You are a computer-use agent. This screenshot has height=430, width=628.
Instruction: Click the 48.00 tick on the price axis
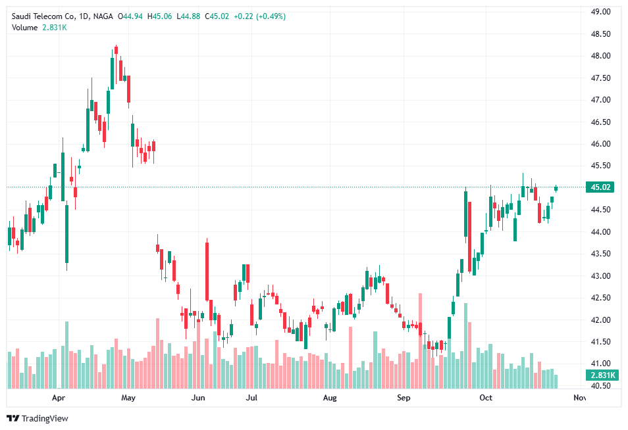[600, 56]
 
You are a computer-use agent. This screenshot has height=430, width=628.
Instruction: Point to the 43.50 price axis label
[600, 254]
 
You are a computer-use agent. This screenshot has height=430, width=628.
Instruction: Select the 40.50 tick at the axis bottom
[600, 386]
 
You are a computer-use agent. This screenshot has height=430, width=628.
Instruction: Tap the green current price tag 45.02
[601, 187]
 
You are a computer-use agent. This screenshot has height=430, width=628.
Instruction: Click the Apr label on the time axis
[59, 398]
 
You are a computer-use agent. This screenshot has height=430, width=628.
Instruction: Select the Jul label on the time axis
[251, 398]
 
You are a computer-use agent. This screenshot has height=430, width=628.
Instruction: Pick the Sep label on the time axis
[404, 398]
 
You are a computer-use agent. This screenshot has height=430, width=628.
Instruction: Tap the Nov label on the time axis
[579, 398]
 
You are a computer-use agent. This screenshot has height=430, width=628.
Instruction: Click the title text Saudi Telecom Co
[45, 16]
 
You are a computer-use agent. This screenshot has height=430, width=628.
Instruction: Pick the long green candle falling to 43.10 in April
[66, 233]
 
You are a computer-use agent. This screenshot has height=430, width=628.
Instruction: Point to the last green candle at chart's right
[556, 189]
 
